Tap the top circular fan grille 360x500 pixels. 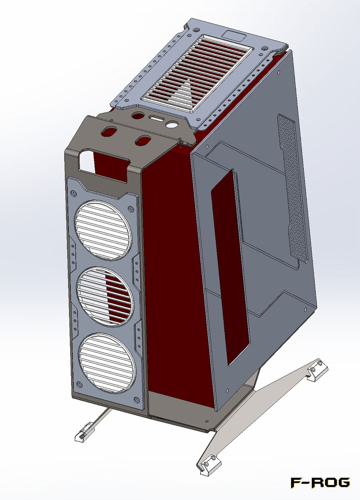click(103, 229)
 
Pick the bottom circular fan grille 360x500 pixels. click(107, 363)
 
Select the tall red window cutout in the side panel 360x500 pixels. click(230, 267)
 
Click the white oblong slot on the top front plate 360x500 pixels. click(156, 118)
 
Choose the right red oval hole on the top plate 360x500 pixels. click(143, 140)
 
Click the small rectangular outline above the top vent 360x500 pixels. click(234, 35)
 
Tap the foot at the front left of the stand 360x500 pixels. click(83, 433)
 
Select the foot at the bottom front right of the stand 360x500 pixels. click(208, 464)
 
